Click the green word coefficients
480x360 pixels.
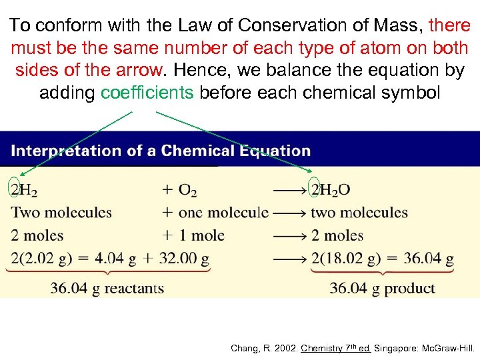click(x=147, y=93)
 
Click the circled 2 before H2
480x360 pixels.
click(x=15, y=190)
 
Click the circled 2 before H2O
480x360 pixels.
click(x=315, y=190)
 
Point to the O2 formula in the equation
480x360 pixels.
click(x=187, y=191)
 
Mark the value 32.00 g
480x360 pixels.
click(x=185, y=258)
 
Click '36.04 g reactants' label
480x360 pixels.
click(x=107, y=288)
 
